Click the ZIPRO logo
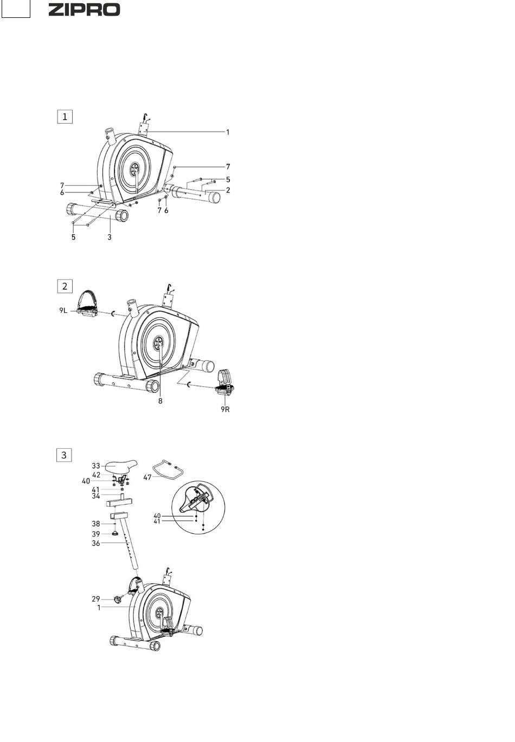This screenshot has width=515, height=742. click(84, 10)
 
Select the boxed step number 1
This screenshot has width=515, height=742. click(65, 117)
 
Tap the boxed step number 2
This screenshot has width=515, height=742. click(65, 286)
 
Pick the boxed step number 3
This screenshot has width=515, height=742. click(64, 455)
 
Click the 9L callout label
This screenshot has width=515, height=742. click(63, 311)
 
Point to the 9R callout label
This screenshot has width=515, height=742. click(225, 409)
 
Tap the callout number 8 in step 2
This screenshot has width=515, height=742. click(160, 401)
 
